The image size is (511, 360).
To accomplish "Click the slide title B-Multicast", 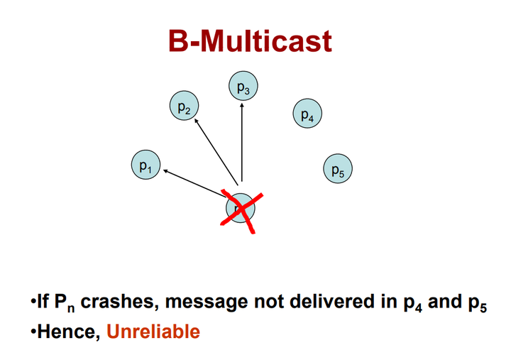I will coord(250,43).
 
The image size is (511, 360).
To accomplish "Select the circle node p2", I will coord(184,107).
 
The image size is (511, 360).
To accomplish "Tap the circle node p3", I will coord(243,87).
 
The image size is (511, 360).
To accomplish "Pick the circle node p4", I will coord(307,113).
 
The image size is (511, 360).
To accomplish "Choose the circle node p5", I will coord(337,168).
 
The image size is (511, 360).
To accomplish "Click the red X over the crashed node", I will coord(240,210).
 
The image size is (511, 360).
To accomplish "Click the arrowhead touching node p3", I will coord(243,104).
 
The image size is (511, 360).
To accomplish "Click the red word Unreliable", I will coord(153,331).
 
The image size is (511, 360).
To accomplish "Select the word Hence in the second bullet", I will coord(68,331).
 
